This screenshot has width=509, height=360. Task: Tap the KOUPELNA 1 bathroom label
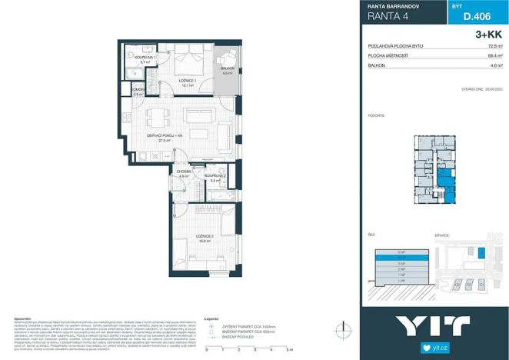145,58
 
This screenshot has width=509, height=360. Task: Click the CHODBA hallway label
184,173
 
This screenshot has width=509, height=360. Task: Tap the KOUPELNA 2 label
215,177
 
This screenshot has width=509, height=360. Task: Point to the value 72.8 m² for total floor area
494,45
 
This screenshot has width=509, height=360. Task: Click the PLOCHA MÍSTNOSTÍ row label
388,56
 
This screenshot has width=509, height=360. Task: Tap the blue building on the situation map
482,252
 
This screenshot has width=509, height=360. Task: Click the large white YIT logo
434,325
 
